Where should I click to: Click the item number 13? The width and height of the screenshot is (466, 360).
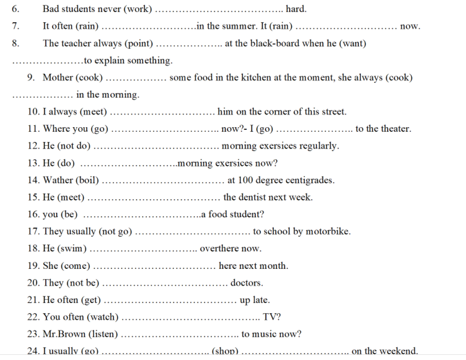pyautogui.click(x=33, y=163)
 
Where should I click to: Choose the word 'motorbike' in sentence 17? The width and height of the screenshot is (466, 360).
pyautogui.click(x=328, y=231)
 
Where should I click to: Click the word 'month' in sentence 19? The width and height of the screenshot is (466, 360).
pyautogui.click(x=274, y=266)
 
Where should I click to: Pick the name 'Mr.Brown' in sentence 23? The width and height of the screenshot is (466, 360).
pyautogui.click(x=64, y=334)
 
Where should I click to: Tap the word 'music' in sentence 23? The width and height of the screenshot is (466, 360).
pyautogui.click(x=268, y=334)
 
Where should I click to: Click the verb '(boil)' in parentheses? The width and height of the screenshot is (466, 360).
pyautogui.click(x=87, y=180)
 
